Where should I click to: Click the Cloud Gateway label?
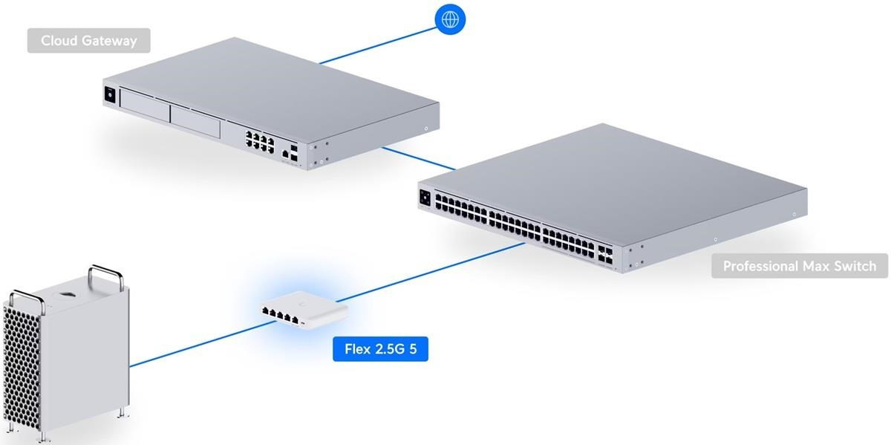click(89, 41)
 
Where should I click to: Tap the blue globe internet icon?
click(449, 19)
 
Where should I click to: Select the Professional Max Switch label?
click(799, 266)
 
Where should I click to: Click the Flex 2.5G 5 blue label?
click(380, 348)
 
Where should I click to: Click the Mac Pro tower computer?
click(67, 349)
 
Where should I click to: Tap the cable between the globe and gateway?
click(379, 45)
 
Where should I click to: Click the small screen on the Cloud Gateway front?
click(111, 95)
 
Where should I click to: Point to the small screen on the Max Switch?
click(425, 197)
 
